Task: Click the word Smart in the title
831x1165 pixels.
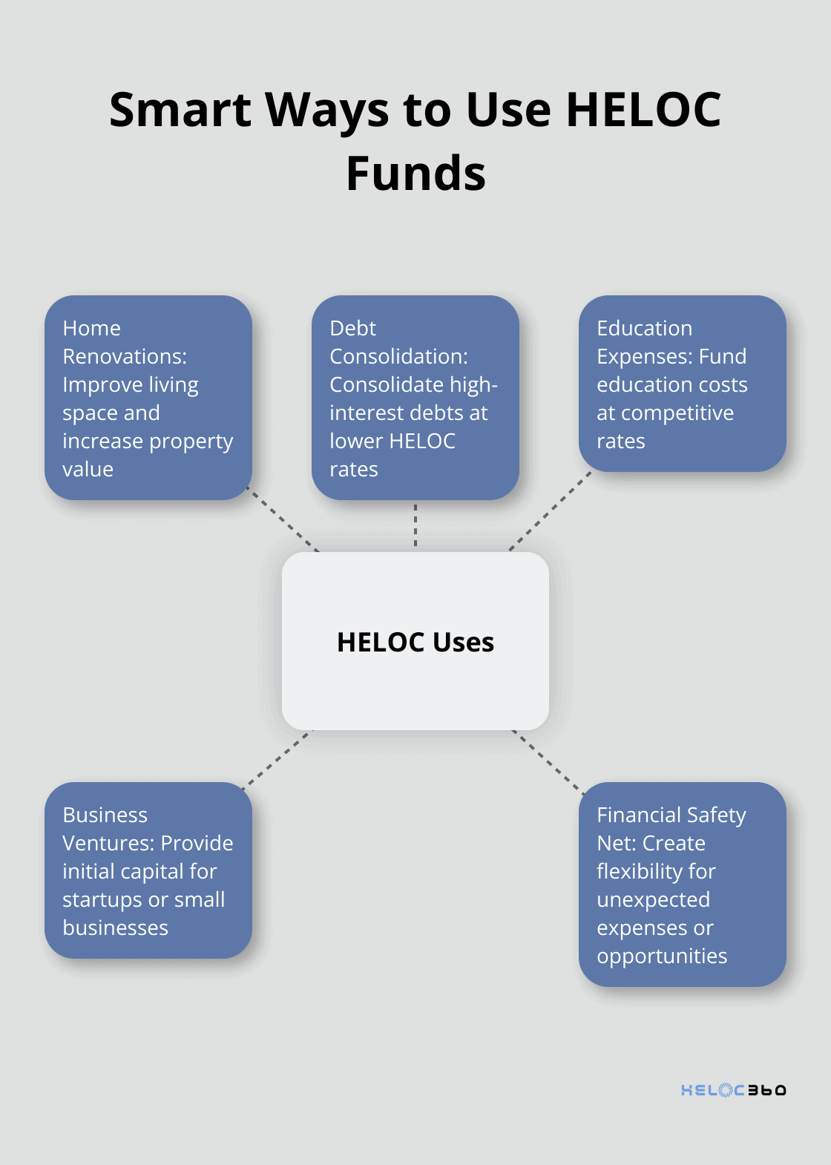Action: pyautogui.click(x=180, y=110)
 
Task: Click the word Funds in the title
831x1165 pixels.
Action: pyautogui.click(x=415, y=173)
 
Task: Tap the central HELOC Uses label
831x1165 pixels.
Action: pyautogui.click(x=415, y=642)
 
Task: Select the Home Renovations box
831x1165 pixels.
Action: pyautogui.click(x=148, y=398)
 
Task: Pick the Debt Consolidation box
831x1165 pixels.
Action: pyautogui.click(x=415, y=398)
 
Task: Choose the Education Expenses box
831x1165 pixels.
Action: pyautogui.click(x=683, y=384)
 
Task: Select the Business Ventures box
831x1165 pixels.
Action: pyautogui.click(x=148, y=870)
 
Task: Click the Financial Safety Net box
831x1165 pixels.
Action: pyautogui.click(x=683, y=885)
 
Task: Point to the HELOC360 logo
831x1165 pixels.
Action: pyautogui.click(x=733, y=1090)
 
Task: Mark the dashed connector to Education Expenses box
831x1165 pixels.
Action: pyautogui.click(x=551, y=511)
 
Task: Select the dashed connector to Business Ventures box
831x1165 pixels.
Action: pyautogui.click(x=277, y=760)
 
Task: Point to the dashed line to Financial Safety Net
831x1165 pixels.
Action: pyautogui.click(x=548, y=762)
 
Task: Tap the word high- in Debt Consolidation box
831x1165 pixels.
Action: pyautogui.click(x=473, y=385)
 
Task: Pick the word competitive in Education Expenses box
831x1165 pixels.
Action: pyautogui.click(x=677, y=413)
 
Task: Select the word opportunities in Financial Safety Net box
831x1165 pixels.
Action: pyautogui.click(x=662, y=956)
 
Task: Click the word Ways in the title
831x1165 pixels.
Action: pyautogui.click(x=327, y=111)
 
